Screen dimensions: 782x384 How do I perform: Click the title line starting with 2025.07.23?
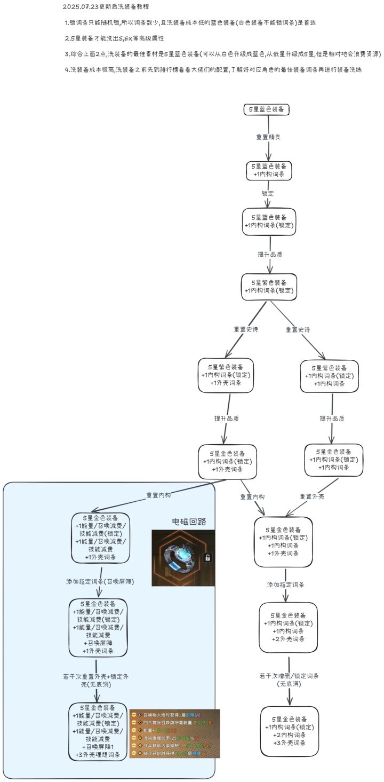(x=106, y=7)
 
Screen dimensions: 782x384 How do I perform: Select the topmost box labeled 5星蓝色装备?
(x=267, y=109)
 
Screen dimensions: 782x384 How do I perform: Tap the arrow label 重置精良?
(x=269, y=137)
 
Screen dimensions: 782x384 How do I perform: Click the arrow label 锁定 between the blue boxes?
(x=268, y=193)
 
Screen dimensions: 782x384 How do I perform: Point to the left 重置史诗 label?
(x=246, y=329)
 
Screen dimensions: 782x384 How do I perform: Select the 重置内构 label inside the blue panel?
(x=159, y=495)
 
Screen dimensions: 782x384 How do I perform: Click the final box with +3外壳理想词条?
(x=99, y=731)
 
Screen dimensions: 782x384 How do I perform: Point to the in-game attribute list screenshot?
(x=174, y=733)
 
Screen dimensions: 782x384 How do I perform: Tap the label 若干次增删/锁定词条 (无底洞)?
(x=290, y=679)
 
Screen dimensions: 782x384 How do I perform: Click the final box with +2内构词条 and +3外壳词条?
(x=290, y=731)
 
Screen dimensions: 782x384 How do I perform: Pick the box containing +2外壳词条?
(x=288, y=627)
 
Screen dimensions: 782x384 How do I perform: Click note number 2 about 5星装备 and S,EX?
(x=114, y=38)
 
